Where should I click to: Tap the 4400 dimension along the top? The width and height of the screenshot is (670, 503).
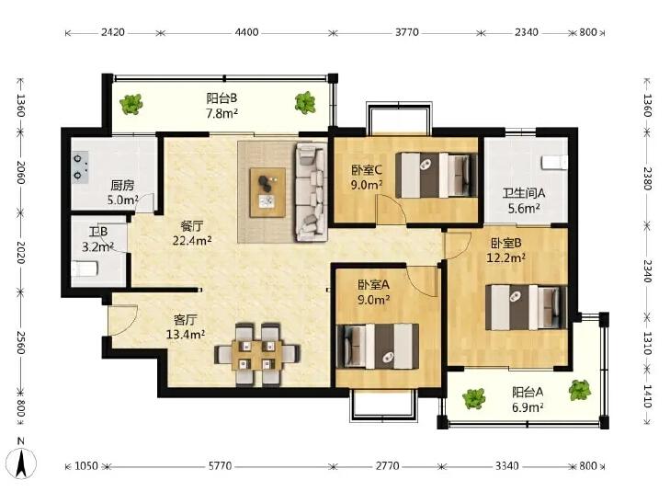[x=246, y=32]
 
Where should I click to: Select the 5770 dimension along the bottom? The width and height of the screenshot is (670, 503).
[x=220, y=465]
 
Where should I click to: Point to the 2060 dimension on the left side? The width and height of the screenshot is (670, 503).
[x=20, y=172]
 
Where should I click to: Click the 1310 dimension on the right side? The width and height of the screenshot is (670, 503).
[x=647, y=343]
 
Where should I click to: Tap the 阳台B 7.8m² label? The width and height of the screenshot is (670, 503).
[x=222, y=106]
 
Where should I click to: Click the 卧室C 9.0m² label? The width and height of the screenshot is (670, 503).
[x=367, y=177]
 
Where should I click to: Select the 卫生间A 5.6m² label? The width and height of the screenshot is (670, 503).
[x=524, y=200]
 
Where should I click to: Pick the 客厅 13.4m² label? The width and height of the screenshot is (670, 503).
[x=186, y=327]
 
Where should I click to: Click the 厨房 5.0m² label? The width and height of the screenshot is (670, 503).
[x=122, y=192]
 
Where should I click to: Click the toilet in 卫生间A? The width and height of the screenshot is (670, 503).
[x=554, y=163]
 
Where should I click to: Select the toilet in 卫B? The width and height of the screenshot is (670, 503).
[x=85, y=269]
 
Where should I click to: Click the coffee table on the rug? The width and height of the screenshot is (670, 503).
[x=268, y=193]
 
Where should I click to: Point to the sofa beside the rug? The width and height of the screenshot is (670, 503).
[x=311, y=193]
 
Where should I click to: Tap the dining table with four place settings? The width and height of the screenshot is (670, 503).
[x=256, y=355]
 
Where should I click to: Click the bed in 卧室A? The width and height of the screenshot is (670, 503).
[x=378, y=346]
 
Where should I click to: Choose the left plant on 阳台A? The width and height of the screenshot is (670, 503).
[x=474, y=398]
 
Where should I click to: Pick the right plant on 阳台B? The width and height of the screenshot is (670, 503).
[x=305, y=103]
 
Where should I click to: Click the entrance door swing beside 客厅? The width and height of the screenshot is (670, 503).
[x=122, y=320]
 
